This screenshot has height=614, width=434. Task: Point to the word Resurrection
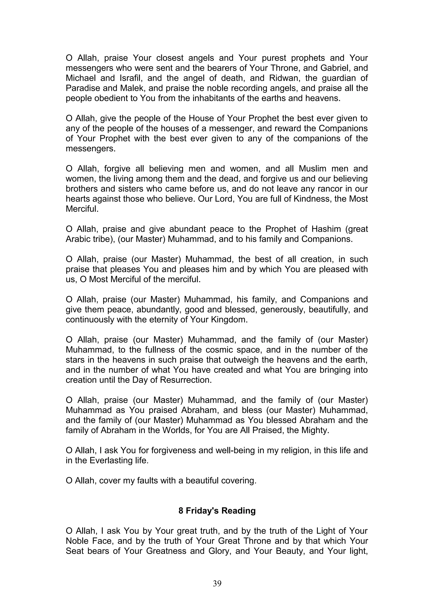[x=186, y=380]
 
